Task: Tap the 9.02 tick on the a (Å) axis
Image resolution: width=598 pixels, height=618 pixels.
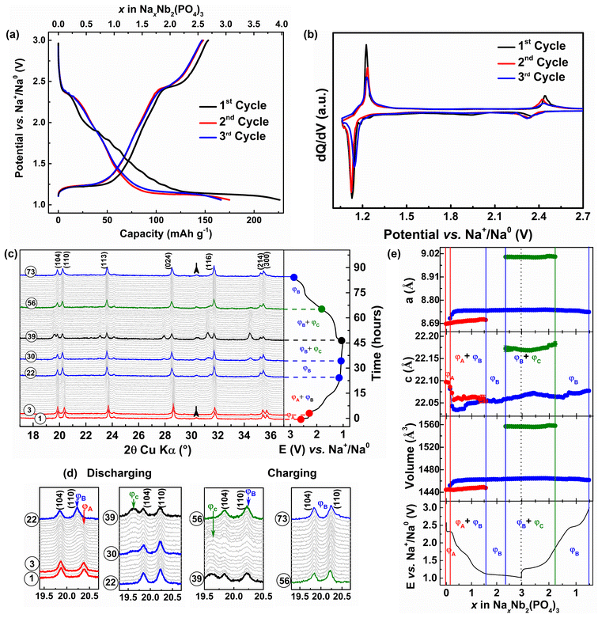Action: tap(425, 254)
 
